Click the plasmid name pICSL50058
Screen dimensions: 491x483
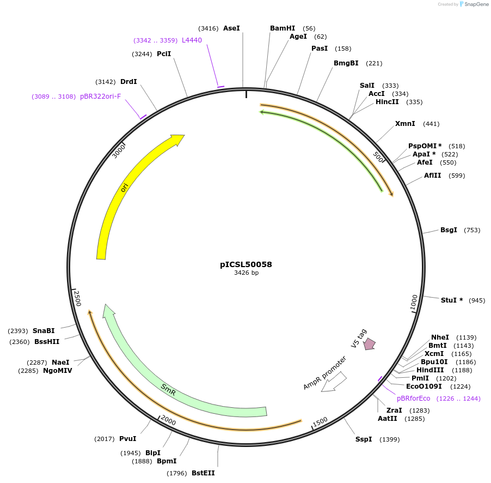click(246, 264)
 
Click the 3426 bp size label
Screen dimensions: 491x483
click(246, 273)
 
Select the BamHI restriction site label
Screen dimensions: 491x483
click(283, 28)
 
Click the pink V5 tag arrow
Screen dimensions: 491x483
click(370, 343)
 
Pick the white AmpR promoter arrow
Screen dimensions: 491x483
click(333, 382)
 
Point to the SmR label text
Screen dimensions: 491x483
click(169, 388)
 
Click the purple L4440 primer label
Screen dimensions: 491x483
click(192, 40)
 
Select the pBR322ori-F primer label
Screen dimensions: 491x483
click(101, 96)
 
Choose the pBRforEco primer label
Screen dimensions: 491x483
click(413, 399)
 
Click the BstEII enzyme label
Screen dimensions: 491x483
click(203, 473)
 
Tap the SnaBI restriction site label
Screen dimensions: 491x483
click(44, 331)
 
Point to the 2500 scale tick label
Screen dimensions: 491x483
click(77, 299)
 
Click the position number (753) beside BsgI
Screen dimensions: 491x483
click(472, 230)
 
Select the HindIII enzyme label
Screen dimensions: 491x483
click(430, 370)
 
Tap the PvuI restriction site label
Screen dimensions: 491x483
click(127, 438)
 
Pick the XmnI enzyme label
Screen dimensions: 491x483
click(405, 124)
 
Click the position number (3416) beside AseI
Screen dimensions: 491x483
click(208, 28)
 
